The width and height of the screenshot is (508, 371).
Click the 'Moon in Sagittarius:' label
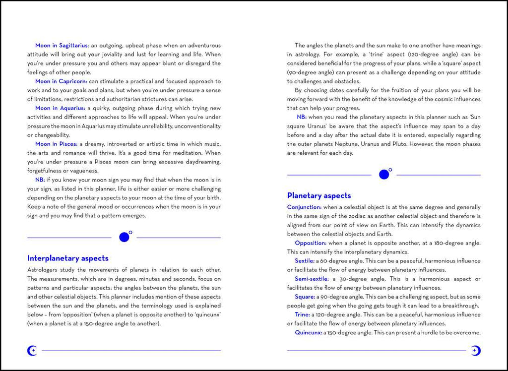coord(62,46)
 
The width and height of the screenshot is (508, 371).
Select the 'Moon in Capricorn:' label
coord(61,81)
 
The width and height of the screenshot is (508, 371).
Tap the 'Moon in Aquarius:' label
coord(60,108)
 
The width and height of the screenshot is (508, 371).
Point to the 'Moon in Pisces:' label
coord(56,144)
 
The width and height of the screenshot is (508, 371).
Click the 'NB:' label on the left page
coord(40,180)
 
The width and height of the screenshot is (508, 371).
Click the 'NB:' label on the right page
coord(302,117)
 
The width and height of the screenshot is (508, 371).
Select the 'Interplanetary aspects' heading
coord(67,258)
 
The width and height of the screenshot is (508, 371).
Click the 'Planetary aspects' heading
coord(319,195)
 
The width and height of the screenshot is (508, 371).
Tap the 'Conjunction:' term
coord(304,207)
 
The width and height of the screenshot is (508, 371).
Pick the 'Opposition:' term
coord(311,243)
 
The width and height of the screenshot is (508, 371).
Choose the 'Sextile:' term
coord(305,261)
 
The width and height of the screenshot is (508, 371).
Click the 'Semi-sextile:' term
coord(312,279)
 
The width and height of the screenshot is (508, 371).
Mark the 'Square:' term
coord(305,297)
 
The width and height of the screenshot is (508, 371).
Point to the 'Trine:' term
coord(302,314)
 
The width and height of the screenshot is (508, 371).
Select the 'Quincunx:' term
coord(308,332)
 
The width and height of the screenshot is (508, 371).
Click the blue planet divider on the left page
coord(125,237)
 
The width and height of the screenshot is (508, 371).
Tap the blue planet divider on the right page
coord(384,174)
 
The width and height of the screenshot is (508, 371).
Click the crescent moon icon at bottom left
coord(32,351)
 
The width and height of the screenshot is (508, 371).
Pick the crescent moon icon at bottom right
coord(475,351)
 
